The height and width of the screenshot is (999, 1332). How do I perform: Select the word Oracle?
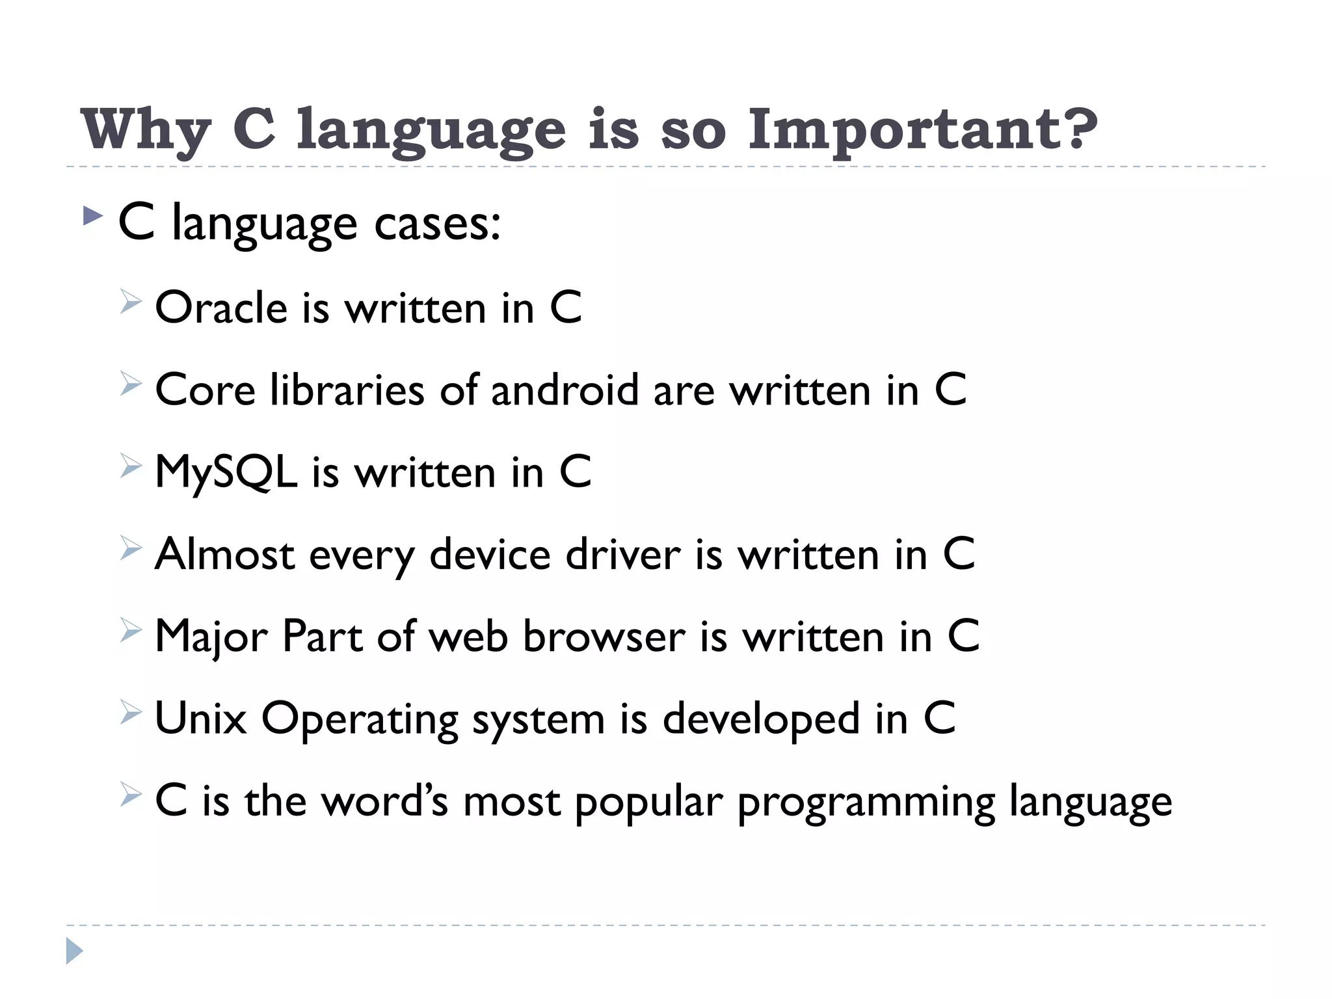[220, 308]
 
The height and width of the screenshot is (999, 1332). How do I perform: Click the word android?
[565, 390]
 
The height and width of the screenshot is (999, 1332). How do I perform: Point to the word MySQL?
[226, 473]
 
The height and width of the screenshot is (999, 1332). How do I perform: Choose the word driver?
[622, 555]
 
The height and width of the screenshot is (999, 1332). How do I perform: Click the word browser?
[604, 637]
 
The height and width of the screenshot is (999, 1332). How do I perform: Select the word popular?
[648, 802]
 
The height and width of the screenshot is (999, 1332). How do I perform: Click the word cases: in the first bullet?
[437, 224]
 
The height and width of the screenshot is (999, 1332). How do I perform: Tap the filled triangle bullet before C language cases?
[93, 216]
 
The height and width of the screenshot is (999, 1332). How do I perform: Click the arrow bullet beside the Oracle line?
[131, 303]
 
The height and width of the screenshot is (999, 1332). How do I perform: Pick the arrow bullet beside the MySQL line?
[131, 467]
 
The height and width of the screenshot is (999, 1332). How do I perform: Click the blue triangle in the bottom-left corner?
[74, 951]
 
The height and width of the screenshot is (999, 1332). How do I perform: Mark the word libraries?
[347, 390]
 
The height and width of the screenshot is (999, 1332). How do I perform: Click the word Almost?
[224, 555]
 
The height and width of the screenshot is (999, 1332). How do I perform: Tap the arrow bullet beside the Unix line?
[131, 714]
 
